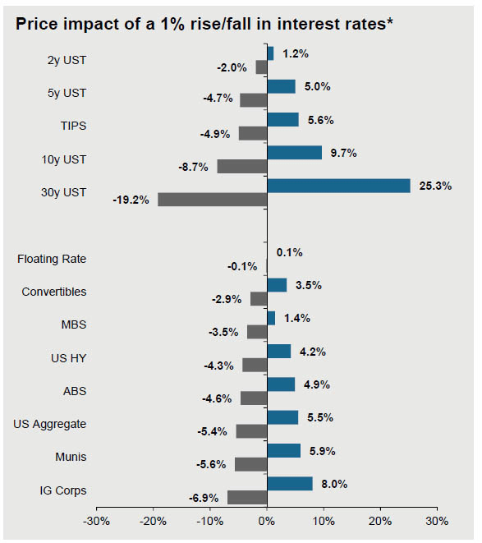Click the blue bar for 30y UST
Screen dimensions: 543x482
click(x=338, y=186)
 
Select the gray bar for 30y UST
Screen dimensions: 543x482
click(x=212, y=199)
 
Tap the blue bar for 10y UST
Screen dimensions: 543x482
click(x=294, y=152)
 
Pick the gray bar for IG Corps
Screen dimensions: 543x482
click(x=246, y=497)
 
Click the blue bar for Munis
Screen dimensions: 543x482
click(x=283, y=450)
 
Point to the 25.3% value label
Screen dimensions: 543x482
click(x=434, y=186)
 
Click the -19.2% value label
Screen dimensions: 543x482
click(x=131, y=199)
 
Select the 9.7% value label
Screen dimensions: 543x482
click(x=344, y=152)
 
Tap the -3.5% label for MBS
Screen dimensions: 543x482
click(x=223, y=332)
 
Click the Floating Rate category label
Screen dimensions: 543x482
click(x=52, y=260)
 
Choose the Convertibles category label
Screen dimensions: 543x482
click(x=53, y=292)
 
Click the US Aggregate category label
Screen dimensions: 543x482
click(x=49, y=424)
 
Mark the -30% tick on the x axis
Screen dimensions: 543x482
click(x=97, y=521)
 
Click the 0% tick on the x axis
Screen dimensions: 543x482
click(x=267, y=521)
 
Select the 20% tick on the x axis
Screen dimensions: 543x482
click(x=380, y=521)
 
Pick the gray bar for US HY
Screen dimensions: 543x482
click(x=254, y=365)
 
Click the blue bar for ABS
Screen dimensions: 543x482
click(x=281, y=384)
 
